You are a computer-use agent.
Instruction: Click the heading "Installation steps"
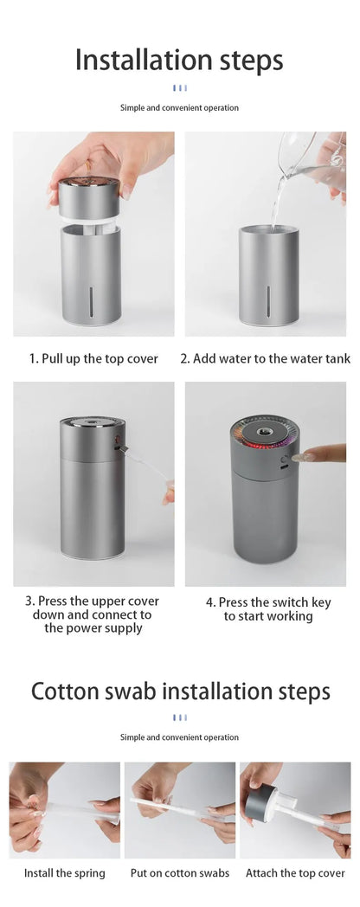click(179, 61)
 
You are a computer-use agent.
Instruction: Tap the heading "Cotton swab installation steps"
click(180, 692)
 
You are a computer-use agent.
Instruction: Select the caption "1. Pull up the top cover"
click(93, 358)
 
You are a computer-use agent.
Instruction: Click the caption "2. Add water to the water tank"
click(266, 358)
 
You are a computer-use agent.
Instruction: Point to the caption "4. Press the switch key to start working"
click(268, 609)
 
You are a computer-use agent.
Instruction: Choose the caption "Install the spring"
click(65, 873)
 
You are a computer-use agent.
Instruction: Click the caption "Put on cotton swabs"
click(180, 873)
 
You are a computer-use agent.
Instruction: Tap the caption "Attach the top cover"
click(295, 873)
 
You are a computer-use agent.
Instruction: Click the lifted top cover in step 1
click(89, 198)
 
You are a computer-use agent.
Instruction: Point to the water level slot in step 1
click(91, 301)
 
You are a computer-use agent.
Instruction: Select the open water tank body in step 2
click(269, 274)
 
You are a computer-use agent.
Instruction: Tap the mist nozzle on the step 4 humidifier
click(266, 432)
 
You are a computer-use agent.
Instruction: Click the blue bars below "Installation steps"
click(180, 88)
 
